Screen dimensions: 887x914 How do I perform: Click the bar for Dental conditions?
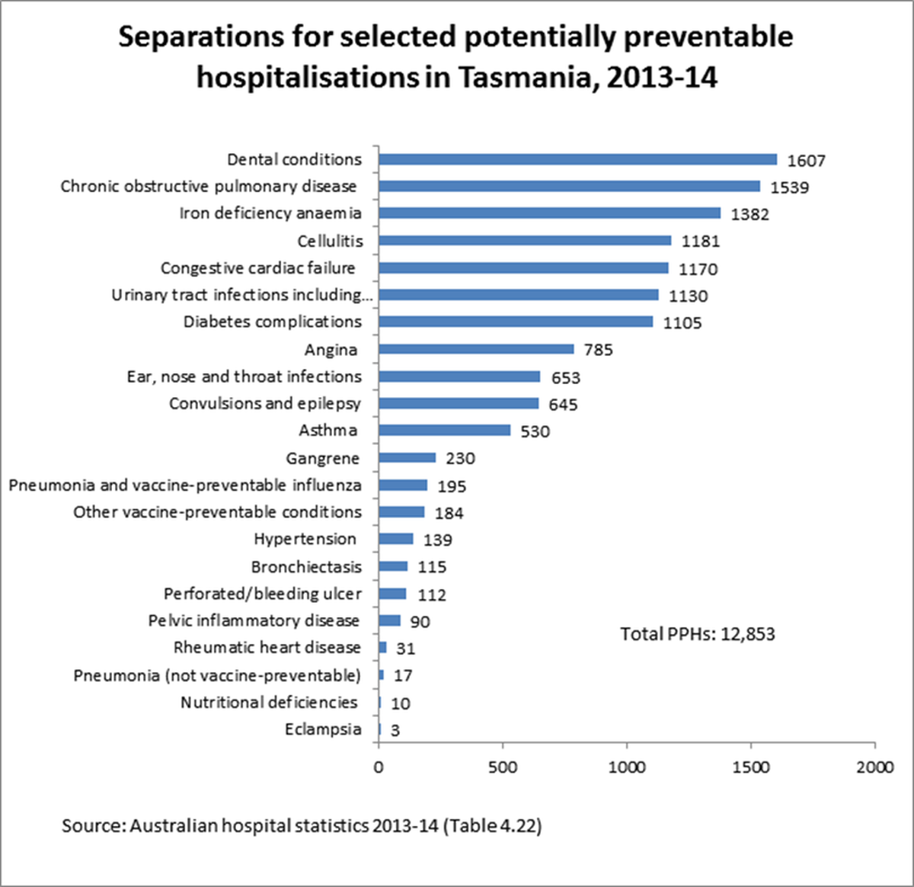(x=577, y=159)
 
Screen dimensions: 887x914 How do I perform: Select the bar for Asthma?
(x=445, y=431)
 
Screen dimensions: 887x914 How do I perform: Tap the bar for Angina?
(x=476, y=349)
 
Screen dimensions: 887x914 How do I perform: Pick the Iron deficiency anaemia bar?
(x=549, y=213)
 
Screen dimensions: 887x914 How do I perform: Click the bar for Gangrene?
(x=407, y=458)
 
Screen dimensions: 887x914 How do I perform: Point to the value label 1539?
(x=789, y=187)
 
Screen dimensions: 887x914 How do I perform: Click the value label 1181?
(x=700, y=242)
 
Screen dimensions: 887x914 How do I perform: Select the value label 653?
(x=565, y=378)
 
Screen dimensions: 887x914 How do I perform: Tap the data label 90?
(x=420, y=622)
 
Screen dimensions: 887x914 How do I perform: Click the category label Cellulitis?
(x=330, y=241)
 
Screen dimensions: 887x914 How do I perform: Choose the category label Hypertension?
(x=305, y=539)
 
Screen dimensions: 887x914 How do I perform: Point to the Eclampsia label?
(x=323, y=729)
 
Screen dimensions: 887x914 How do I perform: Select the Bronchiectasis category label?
(x=306, y=567)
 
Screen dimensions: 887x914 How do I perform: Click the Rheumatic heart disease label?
(x=267, y=648)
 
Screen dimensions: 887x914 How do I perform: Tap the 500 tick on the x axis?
(x=503, y=767)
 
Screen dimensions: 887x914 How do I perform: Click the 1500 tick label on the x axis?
(x=751, y=767)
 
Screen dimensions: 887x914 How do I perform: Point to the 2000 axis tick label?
(x=874, y=767)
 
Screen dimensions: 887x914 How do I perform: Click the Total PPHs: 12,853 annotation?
(x=697, y=634)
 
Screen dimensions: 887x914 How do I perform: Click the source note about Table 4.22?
(x=302, y=825)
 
